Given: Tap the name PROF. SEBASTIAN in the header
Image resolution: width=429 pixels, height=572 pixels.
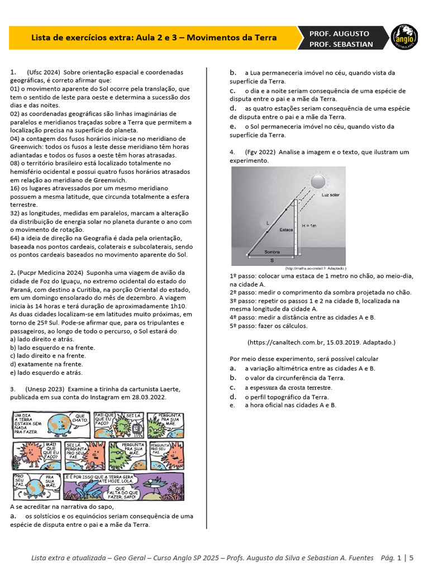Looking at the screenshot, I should click(x=341, y=44).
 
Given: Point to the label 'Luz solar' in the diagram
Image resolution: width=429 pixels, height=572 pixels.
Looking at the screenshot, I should click(x=331, y=196).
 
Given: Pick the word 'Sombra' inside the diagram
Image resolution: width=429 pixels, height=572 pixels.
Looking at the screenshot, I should click(x=272, y=252).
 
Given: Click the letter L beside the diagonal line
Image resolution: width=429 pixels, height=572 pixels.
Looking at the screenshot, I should click(x=268, y=223).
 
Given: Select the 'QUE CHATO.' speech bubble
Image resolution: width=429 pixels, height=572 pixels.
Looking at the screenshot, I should click(x=80, y=418).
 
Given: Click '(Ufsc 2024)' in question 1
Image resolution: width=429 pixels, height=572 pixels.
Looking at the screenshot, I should click(x=43, y=73).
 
